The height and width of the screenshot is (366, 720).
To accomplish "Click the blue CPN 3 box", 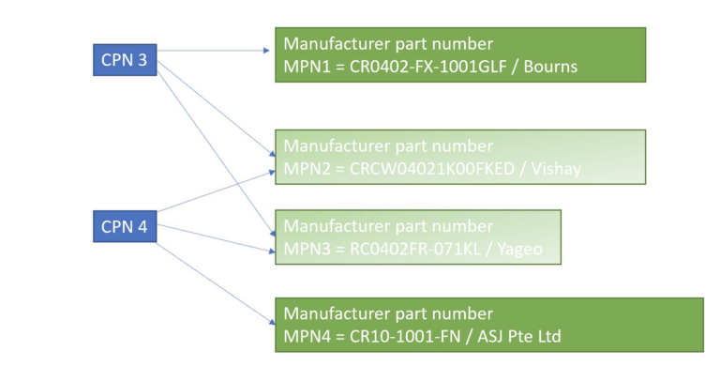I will click(x=125, y=60).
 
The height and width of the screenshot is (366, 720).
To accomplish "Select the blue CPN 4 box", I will click(x=125, y=226).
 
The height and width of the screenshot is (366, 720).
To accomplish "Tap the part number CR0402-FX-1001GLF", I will click(x=425, y=67).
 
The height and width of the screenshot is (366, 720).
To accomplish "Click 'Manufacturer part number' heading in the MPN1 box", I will click(x=388, y=44).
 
